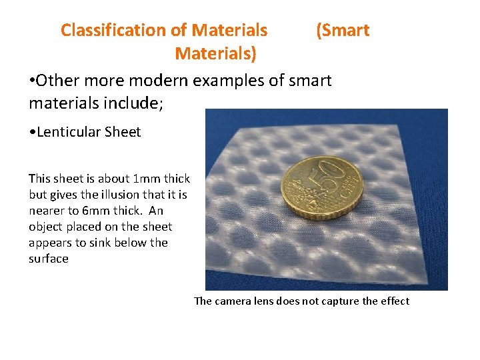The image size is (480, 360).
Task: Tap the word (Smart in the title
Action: (343, 30)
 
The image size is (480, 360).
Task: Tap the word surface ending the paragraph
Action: (49, 259)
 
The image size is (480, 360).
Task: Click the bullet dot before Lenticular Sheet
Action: (32, 132)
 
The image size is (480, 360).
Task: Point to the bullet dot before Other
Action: (32, 81)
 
